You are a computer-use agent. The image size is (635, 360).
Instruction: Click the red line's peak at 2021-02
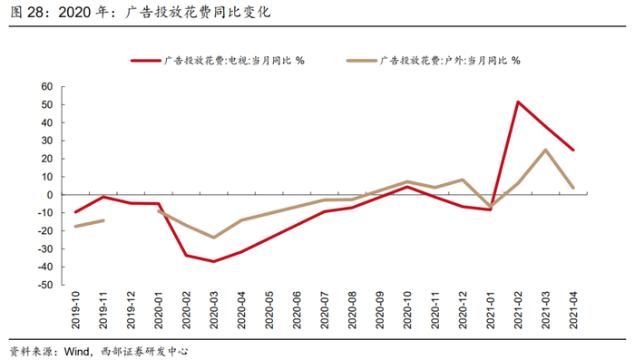pyautogui.click(x=518, y=102)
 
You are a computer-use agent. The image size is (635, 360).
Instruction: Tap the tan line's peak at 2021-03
pyautogui.click(x=545, y=150)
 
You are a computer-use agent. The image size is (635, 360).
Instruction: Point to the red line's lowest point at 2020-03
pyautogui.click(x=213, y=261)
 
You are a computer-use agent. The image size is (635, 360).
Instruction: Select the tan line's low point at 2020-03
pyautogui.click(x=213, y=238)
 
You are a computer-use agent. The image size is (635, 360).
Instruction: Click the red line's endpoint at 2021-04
pyautogui.click(x=573, y=150)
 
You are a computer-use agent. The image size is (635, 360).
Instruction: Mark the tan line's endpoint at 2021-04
pyautogui.click(x=573, y=188)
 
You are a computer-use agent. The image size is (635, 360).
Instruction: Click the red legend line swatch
pyautogui.click(x=146, y=61)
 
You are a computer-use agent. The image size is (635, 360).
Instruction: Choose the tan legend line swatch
pyautogui.click(x=362, y=61)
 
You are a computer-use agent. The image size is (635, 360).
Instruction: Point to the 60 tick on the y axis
pyautogui.click(x=47, y=87)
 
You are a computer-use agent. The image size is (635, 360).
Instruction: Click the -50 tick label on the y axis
pyautogui.click(x=45, y=285)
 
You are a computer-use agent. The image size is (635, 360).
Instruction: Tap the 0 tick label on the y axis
pyautogui.click(x=50, y=195)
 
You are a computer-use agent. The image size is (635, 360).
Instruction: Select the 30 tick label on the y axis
pyautogui.click(x=47, y=141)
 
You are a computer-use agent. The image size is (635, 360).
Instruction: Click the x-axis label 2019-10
pyautogui.click(x=75, y=310)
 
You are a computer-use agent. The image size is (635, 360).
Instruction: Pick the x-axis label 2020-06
pyautogui.click(x=297, y=310)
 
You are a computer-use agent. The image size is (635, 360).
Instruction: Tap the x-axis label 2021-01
pyautogui.click(x=491, y=310)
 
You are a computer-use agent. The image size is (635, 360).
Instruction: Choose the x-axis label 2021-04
pyautogui.click(x=573, y=310)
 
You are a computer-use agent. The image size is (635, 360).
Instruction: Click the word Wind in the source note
pyautogui.click(x=76, y=351)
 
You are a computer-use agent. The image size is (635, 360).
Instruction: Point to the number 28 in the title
pyautogui.click(x=34, y=12)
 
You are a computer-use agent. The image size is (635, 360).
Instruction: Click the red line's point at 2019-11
pyautogui.click(x=103, y=197)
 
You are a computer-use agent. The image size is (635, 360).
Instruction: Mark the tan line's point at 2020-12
pyautogui.click(x=463, y=180)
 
